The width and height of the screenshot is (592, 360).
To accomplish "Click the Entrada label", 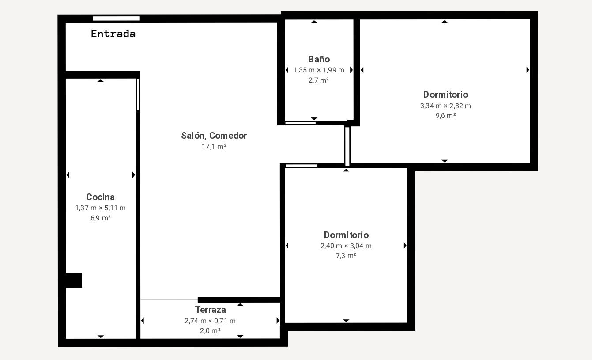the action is click(113, 34).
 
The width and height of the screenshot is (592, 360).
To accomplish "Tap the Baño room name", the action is click(319, 59).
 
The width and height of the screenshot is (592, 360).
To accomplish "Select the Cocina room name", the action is click(100, 197).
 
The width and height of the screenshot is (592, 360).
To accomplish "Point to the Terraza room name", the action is click(211, 310).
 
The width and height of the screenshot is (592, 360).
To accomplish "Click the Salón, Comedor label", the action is click(214, 136).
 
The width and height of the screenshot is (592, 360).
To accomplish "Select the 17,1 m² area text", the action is click(214, 146).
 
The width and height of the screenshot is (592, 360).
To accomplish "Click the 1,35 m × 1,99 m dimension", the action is click(319, 70).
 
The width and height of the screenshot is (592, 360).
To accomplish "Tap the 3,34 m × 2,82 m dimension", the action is click(445, 106).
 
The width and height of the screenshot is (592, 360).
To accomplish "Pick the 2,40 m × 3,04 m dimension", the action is click(346, 246).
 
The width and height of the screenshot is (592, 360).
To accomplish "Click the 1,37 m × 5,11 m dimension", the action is click(100, 208).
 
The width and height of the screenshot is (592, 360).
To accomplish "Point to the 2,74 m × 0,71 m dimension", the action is click(210, 321).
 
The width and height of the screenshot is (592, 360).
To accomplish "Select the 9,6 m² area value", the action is click(445, 116).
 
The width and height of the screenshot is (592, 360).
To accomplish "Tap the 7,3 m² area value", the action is click(346, 255).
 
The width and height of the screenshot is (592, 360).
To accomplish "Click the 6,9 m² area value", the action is click(100, 218).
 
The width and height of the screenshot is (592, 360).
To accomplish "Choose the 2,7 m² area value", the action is click(318, 80).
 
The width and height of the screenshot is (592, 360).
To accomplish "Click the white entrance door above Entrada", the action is click(116, 19).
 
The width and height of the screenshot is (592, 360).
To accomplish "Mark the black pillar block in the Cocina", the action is click(74, 280).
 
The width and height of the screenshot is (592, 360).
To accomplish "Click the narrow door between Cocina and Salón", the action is click(138, 95).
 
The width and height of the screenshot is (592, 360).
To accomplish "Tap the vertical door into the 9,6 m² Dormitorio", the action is click(347, 146).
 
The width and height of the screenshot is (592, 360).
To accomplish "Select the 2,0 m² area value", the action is click(210, 331).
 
